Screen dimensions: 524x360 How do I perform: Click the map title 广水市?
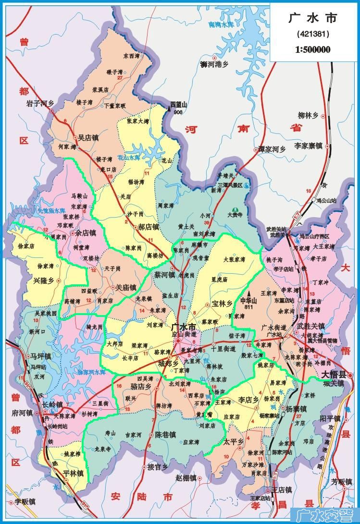(313, 19)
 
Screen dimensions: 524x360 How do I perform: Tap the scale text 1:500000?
(313, 49)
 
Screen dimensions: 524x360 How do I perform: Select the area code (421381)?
(313, 35)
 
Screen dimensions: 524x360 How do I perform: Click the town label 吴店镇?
(88, 137)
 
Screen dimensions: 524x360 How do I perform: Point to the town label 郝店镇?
(149, 227)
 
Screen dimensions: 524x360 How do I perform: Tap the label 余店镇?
(86, 233)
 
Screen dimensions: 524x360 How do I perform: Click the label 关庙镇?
(126, 288)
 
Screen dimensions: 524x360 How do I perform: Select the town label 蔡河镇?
(164, 275)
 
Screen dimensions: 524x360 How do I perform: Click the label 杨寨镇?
(297, 410)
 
